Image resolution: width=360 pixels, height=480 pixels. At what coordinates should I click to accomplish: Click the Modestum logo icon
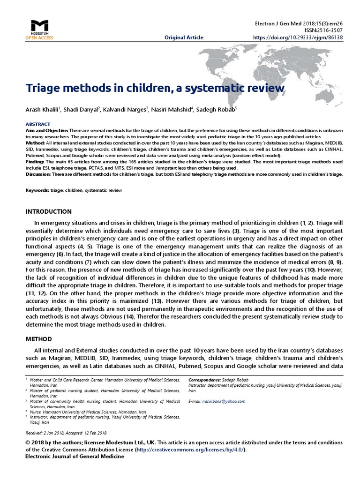pos(39,26)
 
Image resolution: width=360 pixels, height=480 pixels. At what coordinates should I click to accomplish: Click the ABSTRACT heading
pos(36,124)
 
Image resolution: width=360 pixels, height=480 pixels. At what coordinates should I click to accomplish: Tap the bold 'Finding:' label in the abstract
pos(35,161)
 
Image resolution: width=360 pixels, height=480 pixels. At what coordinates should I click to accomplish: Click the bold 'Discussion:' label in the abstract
pos(38,173)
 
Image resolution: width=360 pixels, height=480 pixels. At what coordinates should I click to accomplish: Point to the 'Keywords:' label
pos(37,191)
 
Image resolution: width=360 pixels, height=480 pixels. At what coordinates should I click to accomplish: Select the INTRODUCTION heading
pos(48,211)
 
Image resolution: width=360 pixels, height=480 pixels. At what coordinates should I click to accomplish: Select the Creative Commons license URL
pos(189,449)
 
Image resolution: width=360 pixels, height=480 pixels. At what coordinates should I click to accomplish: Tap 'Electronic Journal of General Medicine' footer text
pos(75,457)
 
